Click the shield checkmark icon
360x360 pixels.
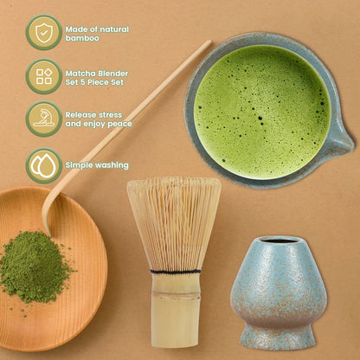click(43, 32)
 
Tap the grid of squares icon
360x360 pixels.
click(43, 76)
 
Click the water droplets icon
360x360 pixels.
click(43, 164)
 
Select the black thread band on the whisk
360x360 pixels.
click(174, 271)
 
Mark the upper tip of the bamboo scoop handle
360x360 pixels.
click(207, 42)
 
